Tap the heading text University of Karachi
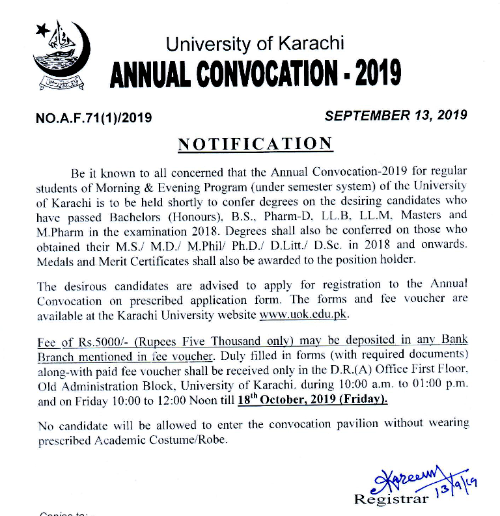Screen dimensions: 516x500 point(255,44)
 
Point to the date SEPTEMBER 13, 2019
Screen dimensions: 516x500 point(396,115)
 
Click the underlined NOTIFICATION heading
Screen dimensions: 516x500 point(255,144)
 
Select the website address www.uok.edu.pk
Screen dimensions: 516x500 point(305,314)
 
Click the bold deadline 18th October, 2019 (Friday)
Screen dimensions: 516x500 point(312,400)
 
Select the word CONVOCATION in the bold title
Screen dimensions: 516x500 point(261,75)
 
